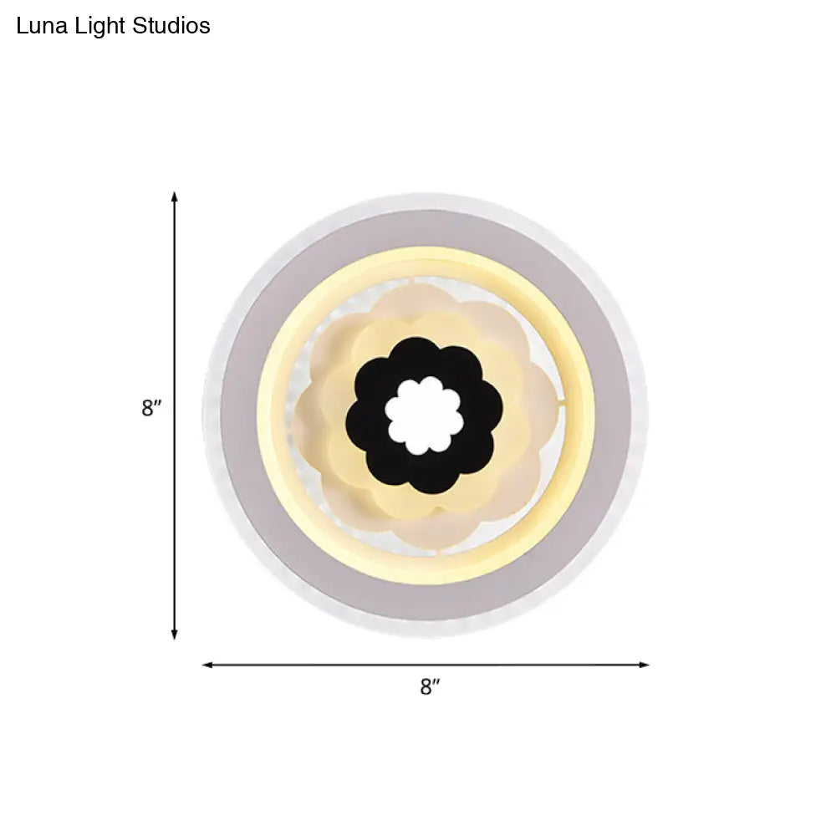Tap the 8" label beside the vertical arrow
[150, 409]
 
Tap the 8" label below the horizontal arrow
[430, 687]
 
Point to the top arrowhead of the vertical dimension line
[175, 196]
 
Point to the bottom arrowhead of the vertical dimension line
[175, 635]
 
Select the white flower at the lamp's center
[425, 415]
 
